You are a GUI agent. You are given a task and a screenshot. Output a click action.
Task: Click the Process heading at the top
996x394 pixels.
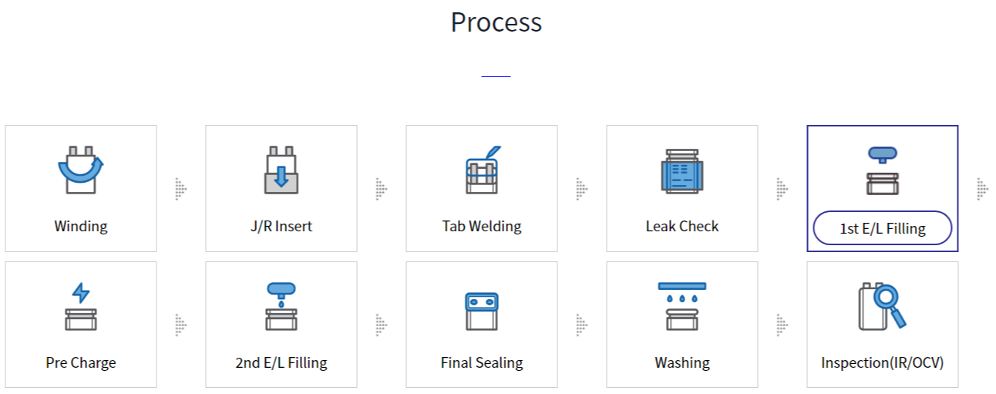tap(496, 22)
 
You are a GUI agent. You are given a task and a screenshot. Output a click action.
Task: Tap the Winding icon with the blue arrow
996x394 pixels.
tap(81, 170)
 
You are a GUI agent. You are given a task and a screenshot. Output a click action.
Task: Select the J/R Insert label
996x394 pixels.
tap(281, 227)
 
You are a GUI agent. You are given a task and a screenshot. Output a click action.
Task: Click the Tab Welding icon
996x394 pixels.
tap(482, 170)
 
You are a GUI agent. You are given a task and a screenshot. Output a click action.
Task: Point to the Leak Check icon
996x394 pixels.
tap(682, 171)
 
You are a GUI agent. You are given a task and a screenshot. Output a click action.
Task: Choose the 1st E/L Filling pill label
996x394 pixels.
tap(883, 228)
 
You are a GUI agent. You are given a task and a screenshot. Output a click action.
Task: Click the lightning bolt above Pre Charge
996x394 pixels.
tap(81, 293)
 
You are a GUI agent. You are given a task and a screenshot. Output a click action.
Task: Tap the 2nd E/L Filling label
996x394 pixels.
tap(281, 362)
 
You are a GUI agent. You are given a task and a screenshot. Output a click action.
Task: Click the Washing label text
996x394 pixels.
tap(682, 362)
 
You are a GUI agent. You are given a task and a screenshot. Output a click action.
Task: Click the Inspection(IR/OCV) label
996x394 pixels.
tap(883, 362)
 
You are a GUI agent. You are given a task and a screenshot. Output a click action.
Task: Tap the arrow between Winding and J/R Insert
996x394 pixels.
tap(181, 188)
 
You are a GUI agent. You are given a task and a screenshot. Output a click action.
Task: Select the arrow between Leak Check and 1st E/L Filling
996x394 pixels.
tap(782, 188)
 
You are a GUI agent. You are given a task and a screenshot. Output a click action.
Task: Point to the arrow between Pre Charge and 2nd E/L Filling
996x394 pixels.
tap(181, 325)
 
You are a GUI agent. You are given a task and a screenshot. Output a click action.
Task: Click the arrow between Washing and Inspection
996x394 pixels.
tap(782, 325)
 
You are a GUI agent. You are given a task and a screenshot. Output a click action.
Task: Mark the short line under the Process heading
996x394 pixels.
tap(496, 76)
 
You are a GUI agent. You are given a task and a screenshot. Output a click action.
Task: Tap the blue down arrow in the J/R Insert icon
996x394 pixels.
tap(281, 176)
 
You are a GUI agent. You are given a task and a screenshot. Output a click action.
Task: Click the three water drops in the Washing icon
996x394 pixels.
tap(682, 298)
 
